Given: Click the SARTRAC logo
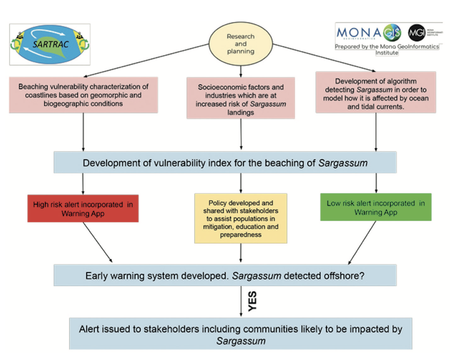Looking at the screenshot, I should (x=50, y=44).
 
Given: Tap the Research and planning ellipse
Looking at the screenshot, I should (x=241, y=44).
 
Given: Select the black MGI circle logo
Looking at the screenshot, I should (x=417, y=33).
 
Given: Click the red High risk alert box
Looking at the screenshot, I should (x=83, y=209).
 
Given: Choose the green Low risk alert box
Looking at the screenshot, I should (x=376, y=207).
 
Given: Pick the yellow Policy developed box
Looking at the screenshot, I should (x=241, y=218).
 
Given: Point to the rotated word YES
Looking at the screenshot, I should (x=252, y=301).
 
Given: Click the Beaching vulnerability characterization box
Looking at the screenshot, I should (x=83, y=95).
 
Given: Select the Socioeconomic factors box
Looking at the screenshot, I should (x=241, y=98).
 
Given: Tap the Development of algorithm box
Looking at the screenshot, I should (x=376, y=92).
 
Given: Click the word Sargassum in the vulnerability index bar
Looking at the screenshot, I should (x=343, y=163).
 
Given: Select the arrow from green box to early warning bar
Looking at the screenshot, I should (x=362, y=243).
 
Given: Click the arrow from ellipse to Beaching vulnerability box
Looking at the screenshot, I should (x=146, y=60).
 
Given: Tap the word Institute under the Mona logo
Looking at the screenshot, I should (x=387, y=53).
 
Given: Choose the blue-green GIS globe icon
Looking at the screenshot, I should (x=392, y=33).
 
